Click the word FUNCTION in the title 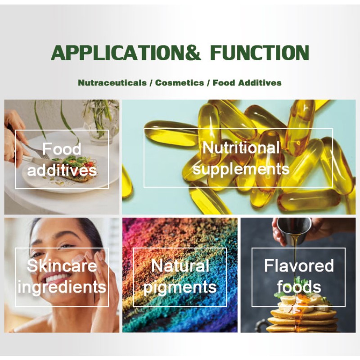point(260,53)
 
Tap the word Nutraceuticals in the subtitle point(112,83)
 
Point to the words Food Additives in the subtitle point(247,83)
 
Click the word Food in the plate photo point(62,149)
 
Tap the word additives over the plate point(62,170)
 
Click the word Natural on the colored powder point(180,265)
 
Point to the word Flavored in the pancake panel point(298,265)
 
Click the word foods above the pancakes point(298,287)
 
